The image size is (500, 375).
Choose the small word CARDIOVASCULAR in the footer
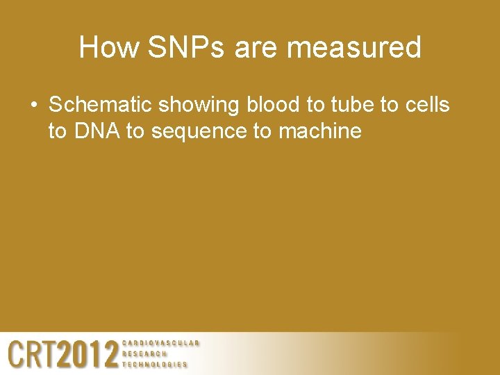pos(161,343)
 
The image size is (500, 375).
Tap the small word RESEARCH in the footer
pos(144,353)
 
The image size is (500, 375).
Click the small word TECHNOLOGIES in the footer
pos(155,364)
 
